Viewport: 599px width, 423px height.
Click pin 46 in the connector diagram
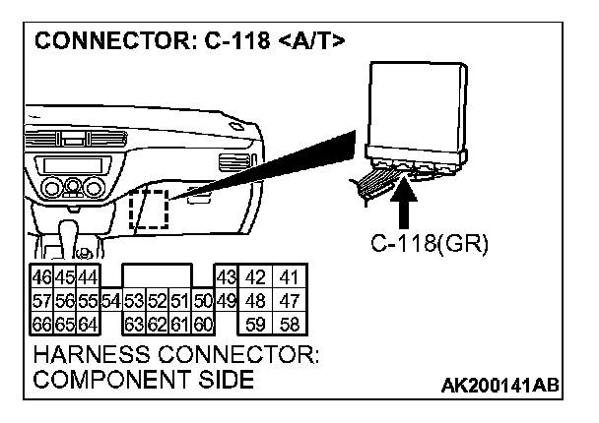(x=43, y=278)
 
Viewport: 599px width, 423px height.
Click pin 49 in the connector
(x=225, y=299)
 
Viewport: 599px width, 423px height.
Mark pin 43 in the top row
(x=226, y=278)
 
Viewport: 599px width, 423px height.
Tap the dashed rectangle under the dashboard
(x=149, y=210)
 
